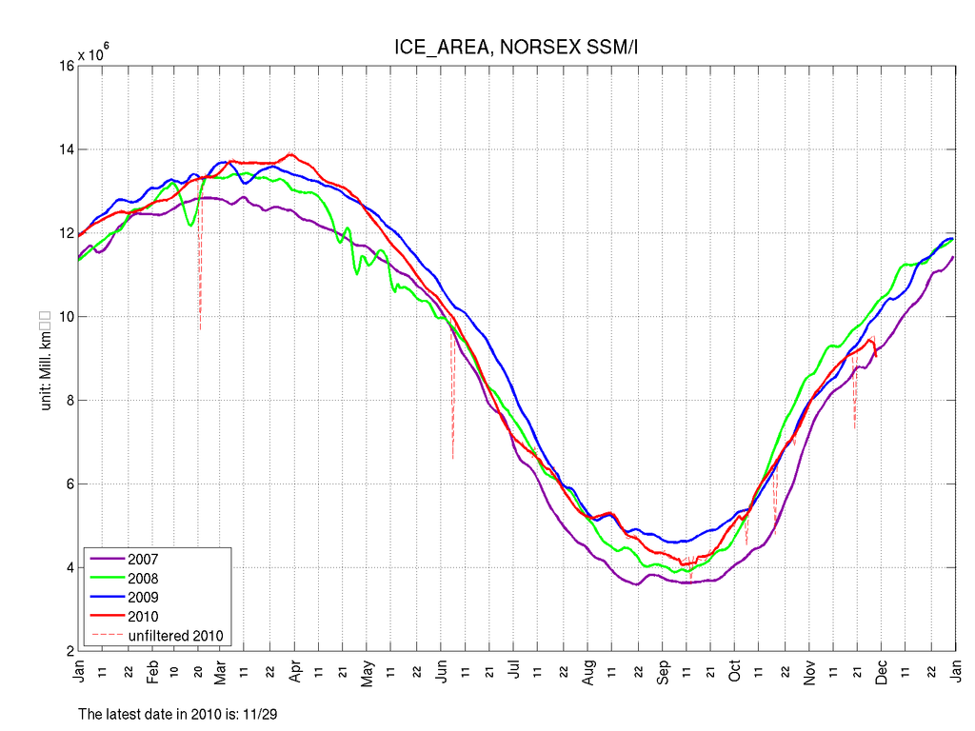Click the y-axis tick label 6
67,484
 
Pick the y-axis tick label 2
67,652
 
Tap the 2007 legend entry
143,560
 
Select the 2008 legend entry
143,579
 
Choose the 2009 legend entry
143,597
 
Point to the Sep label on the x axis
664,670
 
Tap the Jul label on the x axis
514,670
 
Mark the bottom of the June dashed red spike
453,460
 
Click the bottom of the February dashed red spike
200,329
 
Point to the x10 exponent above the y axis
93,54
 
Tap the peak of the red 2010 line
290,154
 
